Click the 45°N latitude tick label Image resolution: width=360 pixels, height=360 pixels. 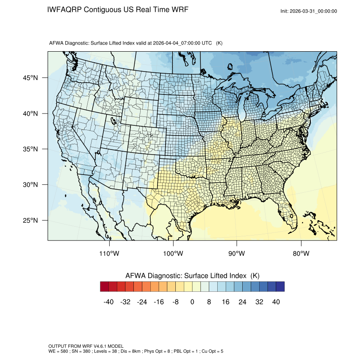pyautogui.click(x=30, y=78)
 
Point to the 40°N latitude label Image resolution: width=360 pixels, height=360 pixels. pyautogui.click(x=30, y=114)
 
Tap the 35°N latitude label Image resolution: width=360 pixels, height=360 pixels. pyautogui.click(x=30, y=149)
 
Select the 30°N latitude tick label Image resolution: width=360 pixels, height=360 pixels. pyautogui.click(x=30, y=185)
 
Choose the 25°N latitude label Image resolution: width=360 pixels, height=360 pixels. pyautogui.click(x=30, y=220)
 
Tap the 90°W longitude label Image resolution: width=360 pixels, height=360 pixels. pyautogui.click(x=237, y=254)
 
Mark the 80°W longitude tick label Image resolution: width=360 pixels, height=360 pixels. pyautogui.click(x=301, y=254)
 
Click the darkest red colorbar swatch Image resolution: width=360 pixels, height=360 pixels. pyautogui.click(x=105, y=287)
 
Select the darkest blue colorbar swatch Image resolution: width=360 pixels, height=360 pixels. pyautogui.click(x=280, y=287)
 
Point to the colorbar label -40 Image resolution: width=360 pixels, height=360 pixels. pyautogui.click(x=109, y=302)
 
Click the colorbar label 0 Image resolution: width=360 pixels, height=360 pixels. pyautogui.click(x=192, y=302)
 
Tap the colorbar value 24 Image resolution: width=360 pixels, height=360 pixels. pyautogui.click(x=243, y=302)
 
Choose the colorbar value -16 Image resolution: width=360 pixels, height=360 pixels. pyautogui.click(x=159, y=302)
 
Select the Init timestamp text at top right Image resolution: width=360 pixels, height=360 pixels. pyautogui.click(x=309, y=11)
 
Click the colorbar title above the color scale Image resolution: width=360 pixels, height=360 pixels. pyautogui.click(x=192, y=275)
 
